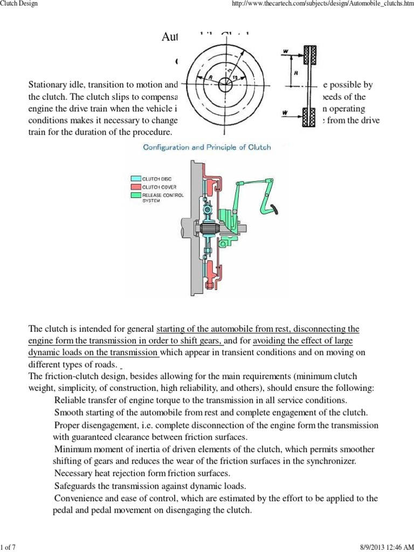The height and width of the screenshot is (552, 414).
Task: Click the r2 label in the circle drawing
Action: pyautogui.click(x=235, y=80)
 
